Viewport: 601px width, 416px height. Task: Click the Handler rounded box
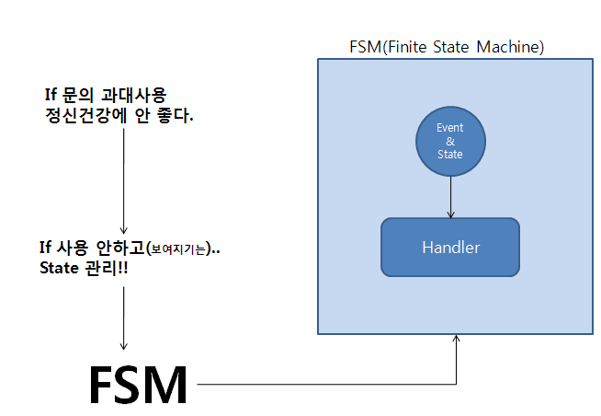coord(450,247)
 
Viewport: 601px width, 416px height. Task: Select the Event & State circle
coord(450,142)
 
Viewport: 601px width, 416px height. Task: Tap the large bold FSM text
coord(138,384)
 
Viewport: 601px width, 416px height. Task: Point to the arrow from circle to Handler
coord(450,195)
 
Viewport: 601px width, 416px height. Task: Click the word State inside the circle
coord(450,154)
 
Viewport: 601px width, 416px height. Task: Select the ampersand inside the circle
coord(450,142)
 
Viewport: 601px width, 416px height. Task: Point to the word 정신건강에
coord(76,116)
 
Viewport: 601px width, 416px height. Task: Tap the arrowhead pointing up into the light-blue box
coord(457,341)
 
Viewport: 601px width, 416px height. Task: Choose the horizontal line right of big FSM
coord(322,383)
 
